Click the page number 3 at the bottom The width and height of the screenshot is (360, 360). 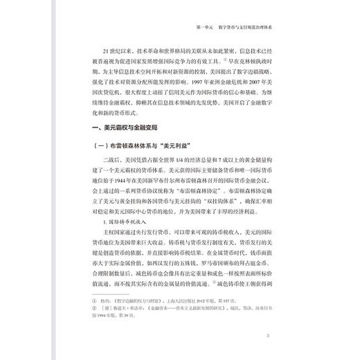pyautogui.click(x=276, y=337)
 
